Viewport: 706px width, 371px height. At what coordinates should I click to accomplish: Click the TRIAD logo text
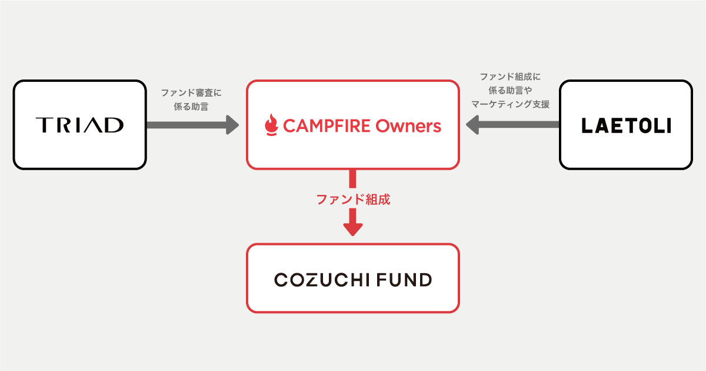click(x=79, y=125)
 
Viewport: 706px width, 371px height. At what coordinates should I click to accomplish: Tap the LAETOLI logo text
click(x=626, y=125)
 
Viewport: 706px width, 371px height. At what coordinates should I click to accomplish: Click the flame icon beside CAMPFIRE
click(x=271, y=124)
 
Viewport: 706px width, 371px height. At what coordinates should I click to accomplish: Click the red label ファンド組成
click(x=353, y=200)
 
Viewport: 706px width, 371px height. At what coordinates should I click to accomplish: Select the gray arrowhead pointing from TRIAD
click(x=232, y=124)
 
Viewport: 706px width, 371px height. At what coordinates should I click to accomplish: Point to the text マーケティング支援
click(x=510, y=104)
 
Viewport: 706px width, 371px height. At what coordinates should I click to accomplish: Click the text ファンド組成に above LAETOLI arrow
click(x=510, y=77)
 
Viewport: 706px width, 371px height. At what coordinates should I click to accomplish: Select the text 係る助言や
click(x=510, y=90)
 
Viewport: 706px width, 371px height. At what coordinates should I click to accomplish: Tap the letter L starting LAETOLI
click(x=586, y=125)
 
